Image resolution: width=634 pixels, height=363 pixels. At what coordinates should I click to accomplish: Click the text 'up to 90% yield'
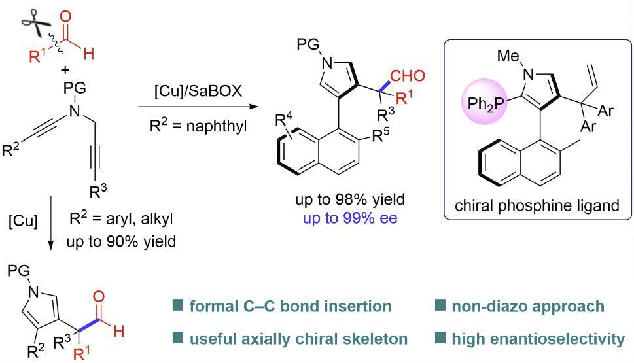click(121, 241)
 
